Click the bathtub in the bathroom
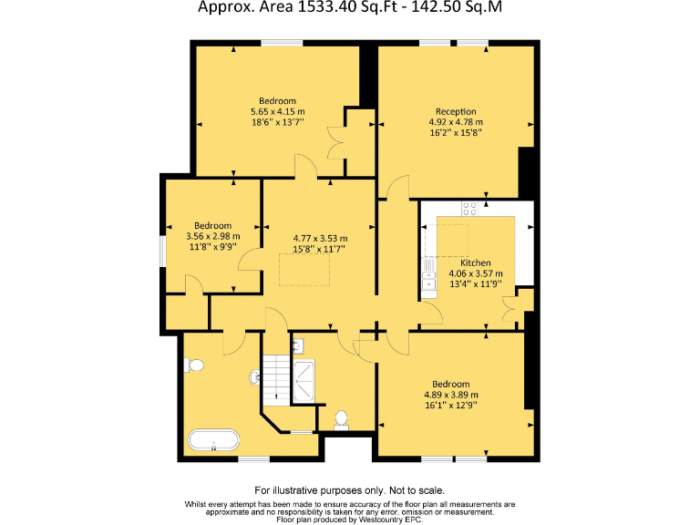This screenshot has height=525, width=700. click(x=213, y=442)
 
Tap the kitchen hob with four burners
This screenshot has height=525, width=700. click(x=470, y=207)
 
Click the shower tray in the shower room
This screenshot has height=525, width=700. click(x=304, y=380)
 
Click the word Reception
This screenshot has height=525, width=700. click(x=455, y=111)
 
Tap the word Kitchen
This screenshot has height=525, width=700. click(x=476, y=262)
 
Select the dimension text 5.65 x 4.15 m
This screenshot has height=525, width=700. click(x=277, y=111)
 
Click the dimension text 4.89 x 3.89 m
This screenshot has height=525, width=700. click(x=451, y=395)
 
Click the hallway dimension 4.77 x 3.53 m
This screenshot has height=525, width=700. click(x=319, y=239)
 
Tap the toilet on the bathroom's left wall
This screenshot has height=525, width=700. click(x=192, y=365)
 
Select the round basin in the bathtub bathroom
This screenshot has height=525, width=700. click(x=255, y=376)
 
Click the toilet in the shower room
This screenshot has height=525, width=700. click(x=342, y=419)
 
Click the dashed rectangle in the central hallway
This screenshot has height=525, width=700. click(x=304, y=269)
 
